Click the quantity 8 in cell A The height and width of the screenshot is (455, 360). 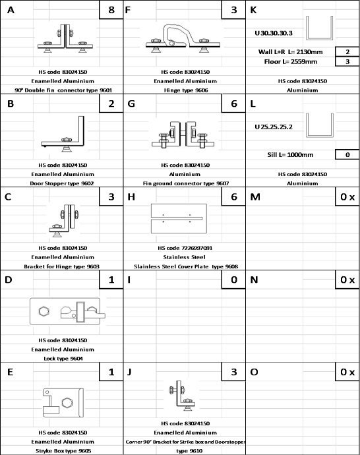click(111, 10)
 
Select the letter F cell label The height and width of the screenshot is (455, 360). click(128, 10)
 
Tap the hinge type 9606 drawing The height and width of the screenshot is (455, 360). click(183, 38)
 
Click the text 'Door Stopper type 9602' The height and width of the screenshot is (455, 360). click(62, 183)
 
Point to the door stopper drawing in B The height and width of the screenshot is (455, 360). click(63, 134)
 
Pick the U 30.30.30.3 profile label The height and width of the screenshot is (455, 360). click(274, 33)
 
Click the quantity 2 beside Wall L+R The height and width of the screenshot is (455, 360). click(347, 52)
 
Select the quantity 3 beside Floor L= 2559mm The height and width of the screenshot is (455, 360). click(347, 61)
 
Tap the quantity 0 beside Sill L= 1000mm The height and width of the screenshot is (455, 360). click(347, 155)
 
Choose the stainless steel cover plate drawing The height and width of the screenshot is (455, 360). click(179, 218)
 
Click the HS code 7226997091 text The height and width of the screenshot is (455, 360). click(185, 248)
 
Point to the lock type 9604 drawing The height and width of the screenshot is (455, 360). click(68, 311)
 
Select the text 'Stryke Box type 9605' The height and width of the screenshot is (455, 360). click(63, 451)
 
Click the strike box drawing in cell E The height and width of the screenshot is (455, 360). click(63, 403)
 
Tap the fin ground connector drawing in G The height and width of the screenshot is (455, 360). click(183, 135)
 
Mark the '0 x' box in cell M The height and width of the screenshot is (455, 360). click(347, 197)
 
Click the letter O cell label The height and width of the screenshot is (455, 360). click(254, 372)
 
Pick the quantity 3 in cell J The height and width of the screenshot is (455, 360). click(234, 372)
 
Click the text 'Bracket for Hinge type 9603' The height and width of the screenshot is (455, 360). click(62, 266)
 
